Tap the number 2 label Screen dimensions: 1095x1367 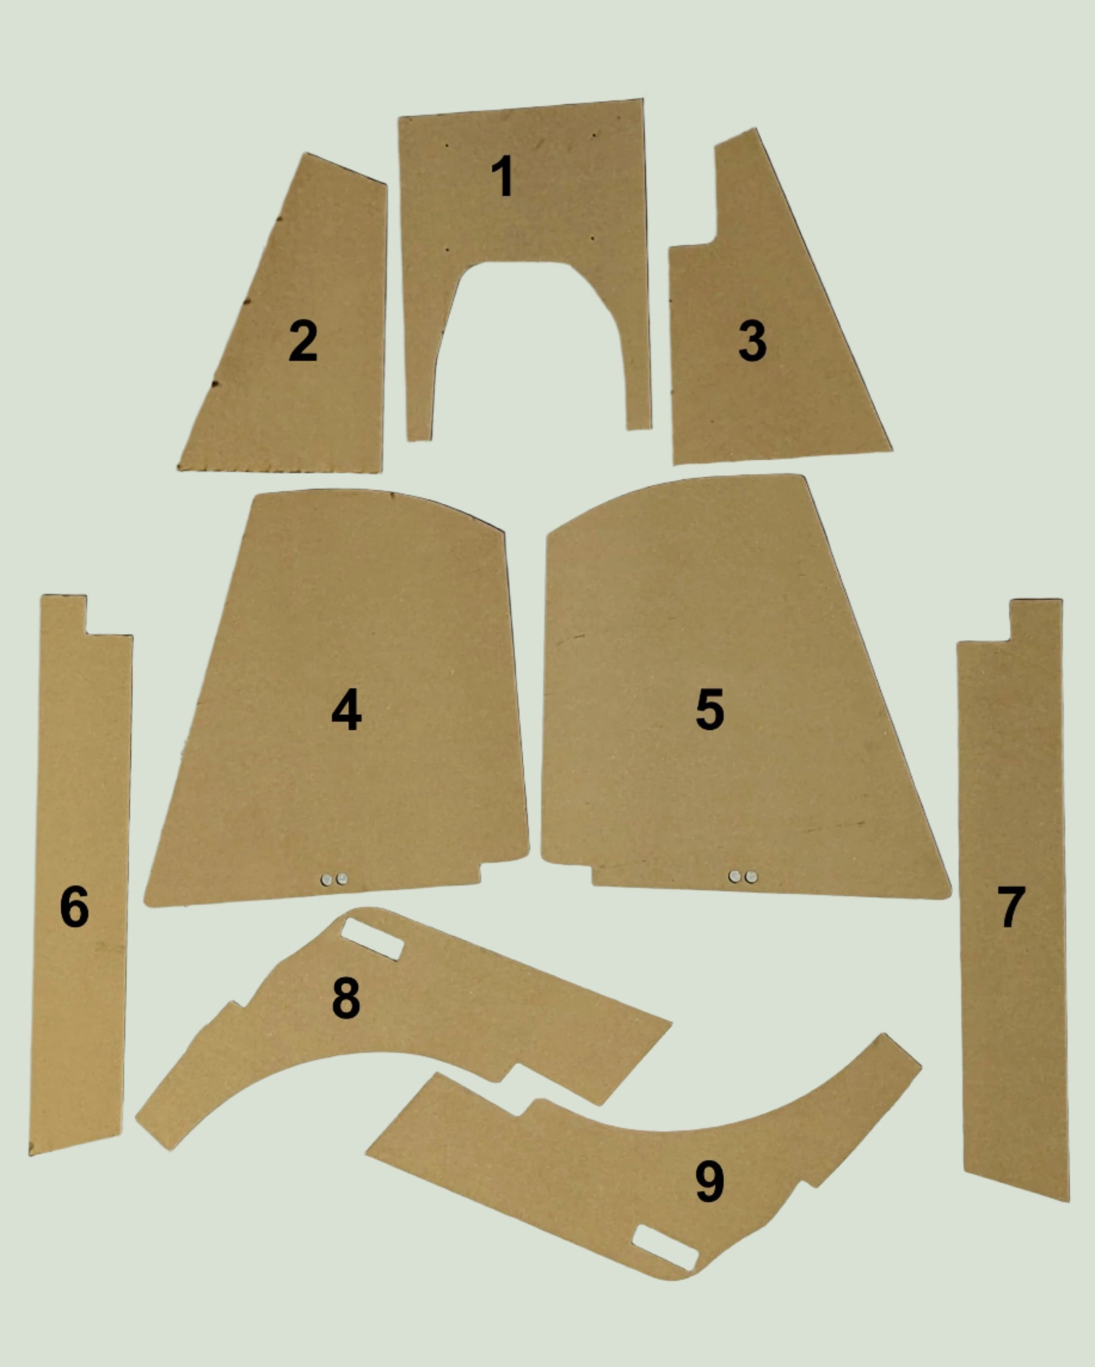(x=303, y=341)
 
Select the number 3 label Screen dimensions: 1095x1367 (x=752, y=341)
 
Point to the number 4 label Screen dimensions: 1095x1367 (x=346, y=710)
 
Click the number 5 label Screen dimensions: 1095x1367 (x=709, y=709)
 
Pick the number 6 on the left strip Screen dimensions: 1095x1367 (x=74, y=906)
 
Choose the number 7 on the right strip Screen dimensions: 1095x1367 (x=1011, y=906)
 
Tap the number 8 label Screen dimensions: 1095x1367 (x=346, y=998)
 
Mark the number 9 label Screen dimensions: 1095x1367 (x=709, y=1181)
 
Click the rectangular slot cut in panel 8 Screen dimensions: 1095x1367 (x=373, y=939)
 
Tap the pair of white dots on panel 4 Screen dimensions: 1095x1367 (x=334, y=879)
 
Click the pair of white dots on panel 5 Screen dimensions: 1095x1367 (x=743, y=877)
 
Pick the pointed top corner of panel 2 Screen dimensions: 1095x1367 (x=307, y=154)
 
